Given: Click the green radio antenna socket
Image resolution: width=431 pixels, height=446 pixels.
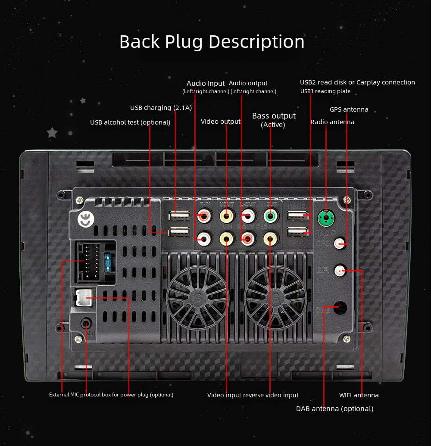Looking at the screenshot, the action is tap(326, 218).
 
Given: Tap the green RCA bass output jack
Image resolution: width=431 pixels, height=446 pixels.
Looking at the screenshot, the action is tap(270, 215).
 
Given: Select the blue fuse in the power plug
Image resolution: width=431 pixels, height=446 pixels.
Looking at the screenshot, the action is tap(107, 262).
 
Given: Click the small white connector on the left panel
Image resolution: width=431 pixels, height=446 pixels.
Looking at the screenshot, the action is tap(83, 297).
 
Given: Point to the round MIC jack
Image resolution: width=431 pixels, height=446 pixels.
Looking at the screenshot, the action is tap(87, 323).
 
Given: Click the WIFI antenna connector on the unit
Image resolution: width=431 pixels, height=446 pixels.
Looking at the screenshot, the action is tap(340, 271).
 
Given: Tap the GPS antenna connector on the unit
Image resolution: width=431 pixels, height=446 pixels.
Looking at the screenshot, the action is tap(342, 244).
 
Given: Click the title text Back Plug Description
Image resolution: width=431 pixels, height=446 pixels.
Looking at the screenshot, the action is tap(212, 41).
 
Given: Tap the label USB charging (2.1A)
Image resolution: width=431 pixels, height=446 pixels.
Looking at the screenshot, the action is tap(161, 108).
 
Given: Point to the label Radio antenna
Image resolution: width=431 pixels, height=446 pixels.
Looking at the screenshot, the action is tap(332, 122).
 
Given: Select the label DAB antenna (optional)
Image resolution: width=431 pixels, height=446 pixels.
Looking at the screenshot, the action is tap(334, 409).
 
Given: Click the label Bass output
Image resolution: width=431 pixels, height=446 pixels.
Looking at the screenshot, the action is tap(274, 116).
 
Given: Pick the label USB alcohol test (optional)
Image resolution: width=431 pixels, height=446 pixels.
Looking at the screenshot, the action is tap(130, 122).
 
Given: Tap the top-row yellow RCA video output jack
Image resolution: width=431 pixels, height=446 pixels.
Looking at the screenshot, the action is tap(226, 215).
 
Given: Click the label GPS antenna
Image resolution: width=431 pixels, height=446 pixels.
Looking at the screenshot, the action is tap(349, 109).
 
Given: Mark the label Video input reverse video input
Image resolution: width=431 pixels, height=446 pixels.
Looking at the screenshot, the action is tap(253, 395).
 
